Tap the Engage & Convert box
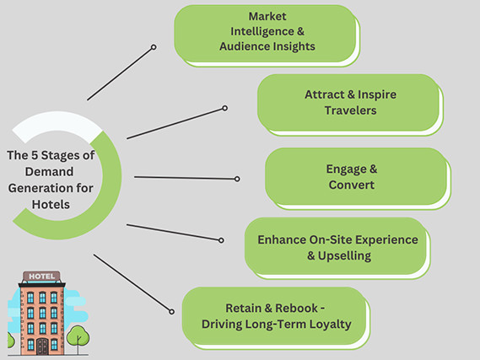tap(355, 176)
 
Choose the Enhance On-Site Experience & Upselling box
tap(337, 247)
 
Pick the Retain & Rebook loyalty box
tap(275, 314)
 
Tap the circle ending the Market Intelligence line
tap(153, 47)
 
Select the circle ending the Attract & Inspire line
tap(225, 108)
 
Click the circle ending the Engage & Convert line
tap(237, 179)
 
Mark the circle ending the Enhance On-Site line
tap(222, 240)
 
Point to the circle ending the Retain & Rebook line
tap(173, 311)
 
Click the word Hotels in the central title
tap(51, 203)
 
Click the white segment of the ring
tap(51, 127)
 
